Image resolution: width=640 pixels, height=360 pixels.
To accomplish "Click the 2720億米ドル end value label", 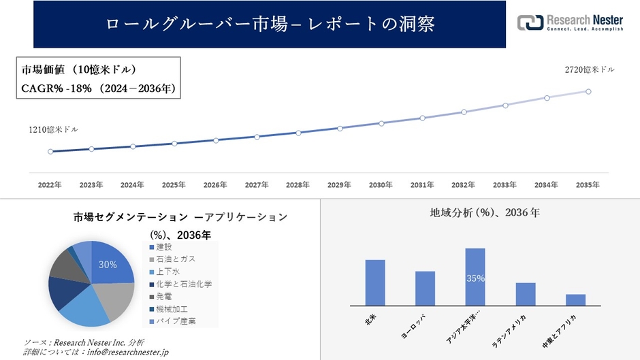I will [590, 70].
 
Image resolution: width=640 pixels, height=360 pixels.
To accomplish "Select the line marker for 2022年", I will [50, 152].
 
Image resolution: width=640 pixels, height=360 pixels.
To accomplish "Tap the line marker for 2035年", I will [588, 91].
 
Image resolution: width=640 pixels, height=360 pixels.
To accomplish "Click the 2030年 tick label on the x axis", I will [381, 185].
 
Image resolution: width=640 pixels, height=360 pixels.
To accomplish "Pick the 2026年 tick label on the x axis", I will [216, 185].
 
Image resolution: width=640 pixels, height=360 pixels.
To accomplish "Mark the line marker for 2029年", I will [340, 128].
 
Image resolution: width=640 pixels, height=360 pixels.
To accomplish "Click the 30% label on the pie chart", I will [108, 265].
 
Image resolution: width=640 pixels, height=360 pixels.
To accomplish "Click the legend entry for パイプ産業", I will [176, 321].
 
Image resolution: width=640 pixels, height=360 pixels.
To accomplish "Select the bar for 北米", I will [375, 282].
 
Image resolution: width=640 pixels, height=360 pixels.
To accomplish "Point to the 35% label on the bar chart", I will [475, 279].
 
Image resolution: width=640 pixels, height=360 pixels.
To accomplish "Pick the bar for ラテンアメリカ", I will [526, 293].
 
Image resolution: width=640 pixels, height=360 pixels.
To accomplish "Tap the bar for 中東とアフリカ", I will [576, 299].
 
